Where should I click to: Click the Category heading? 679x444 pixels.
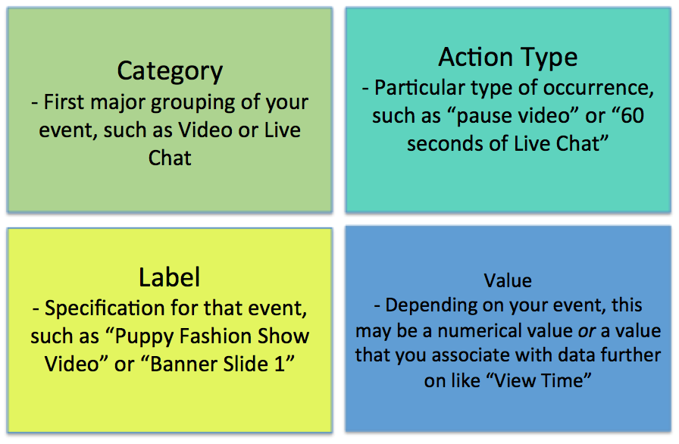170,71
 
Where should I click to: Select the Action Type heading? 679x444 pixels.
508,58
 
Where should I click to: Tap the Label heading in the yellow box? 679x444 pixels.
169,277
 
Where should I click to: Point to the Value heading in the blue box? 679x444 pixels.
508,281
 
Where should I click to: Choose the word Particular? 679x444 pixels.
420,88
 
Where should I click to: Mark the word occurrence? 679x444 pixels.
599,89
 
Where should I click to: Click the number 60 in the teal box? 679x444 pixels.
632,115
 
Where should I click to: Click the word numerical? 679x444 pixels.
474,331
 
